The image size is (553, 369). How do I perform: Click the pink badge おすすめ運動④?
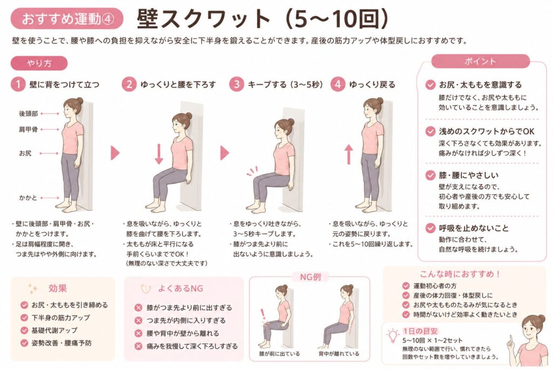(x=67, y=18)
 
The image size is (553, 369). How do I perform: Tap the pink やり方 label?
(x=39, y=63)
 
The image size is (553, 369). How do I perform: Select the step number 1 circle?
(x=18, y=85)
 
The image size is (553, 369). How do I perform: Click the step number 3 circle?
(x=237, y=85)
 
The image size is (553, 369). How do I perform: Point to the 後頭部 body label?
(x=28, y=113)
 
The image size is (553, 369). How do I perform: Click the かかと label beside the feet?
(x=28, y=198)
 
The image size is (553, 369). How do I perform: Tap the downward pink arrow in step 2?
(x=159, y=154)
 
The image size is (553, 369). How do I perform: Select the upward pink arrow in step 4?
(x=348, y=154)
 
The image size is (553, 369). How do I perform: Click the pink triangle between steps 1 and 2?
(x=115, y=153)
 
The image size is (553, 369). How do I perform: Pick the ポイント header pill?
(x=480, y=62)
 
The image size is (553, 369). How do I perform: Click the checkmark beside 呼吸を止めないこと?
(x=430, y=228)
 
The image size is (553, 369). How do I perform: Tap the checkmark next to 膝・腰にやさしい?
(x=430, y=176)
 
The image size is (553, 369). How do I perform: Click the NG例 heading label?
(x=311, y=277)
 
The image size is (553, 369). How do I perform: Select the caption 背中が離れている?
(x=339, y=353)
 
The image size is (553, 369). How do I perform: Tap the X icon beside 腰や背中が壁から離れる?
(x=138, y=333)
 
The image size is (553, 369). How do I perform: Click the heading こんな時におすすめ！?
(x=460, y=274)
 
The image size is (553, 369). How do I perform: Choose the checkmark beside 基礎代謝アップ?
(x=24, y=330)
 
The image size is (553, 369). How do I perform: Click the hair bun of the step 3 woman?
(x=291, y=122)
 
